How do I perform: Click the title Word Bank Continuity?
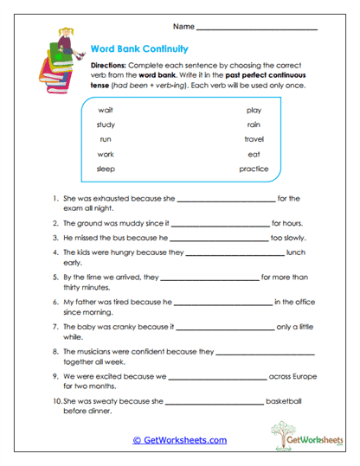click(139, 49)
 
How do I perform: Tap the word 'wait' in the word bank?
click(106, 111)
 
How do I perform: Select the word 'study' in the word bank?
click(106, 124)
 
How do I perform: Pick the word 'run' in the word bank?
click(106, 139)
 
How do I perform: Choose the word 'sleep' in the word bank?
click(106, 169)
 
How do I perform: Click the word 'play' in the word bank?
click(254, 111)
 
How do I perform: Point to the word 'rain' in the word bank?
click(254, 124)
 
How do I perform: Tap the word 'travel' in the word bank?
click(254, 139)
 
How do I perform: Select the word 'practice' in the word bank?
click(254, 169)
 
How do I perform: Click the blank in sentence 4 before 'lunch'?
click(235, 253)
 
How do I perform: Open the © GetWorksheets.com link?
click(180, 440)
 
